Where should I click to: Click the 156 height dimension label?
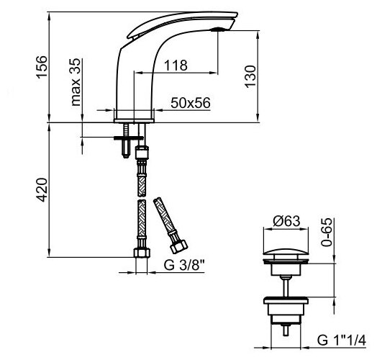click(x=41, y=67)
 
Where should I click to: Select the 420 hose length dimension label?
click(x=41, y=189)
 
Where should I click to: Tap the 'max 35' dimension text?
click(x=76, y=82)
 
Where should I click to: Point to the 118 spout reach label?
click(x=176, y=66)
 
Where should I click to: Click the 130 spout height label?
click(x=250, y=76)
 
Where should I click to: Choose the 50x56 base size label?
click(x=191, y=103)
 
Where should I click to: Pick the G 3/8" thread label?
click(x=184, y=265)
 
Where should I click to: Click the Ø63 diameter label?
click(x=286, y=221)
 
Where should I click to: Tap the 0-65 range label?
click(x=327, y=232)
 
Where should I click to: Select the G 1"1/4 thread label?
click(x=342, y=341)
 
